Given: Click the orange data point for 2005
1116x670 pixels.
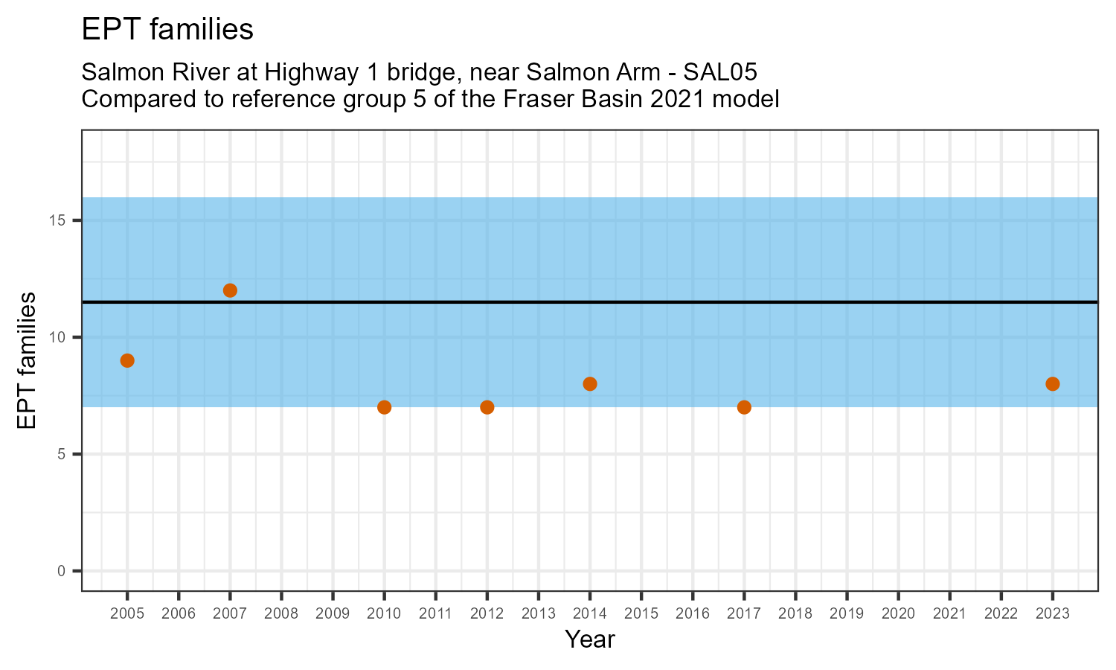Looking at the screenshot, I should [x=127, y=360].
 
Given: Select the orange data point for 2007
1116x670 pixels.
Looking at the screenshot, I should [x=230, y=290].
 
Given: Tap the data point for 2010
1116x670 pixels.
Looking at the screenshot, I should [x=384, y=407].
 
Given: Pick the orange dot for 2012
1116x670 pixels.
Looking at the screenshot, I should [x=487, y=407].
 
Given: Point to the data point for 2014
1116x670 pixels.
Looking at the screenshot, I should [x=590, y=384].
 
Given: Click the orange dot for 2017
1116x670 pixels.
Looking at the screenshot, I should [x=744, y=407].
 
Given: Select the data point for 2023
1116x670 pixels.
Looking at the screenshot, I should [x=1052, y=384].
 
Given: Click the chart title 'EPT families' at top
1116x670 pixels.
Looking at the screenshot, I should [x=167, y=30].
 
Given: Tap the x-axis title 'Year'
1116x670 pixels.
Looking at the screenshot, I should [x=590, y=639].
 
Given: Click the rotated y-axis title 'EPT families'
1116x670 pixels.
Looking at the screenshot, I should [x=28, y=360].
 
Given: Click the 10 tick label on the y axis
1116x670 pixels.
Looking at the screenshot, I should [x=58, y=337].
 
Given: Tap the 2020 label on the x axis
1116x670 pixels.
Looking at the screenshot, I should [x=898, y=614].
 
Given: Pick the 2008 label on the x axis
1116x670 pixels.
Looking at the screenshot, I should [x=281, y=614].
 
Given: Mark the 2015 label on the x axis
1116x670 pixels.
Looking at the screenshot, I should [x=641, y=614].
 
